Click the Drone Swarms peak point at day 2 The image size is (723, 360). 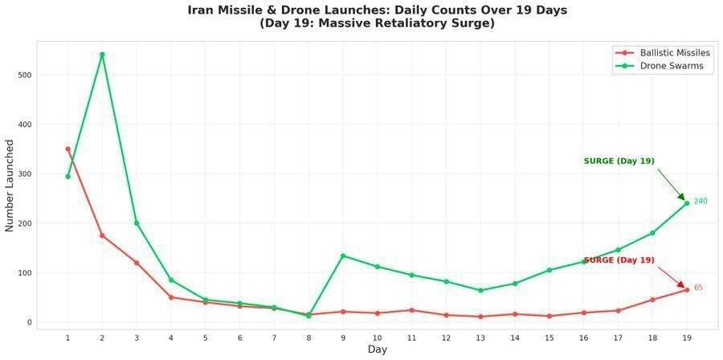click(x=102, y=55)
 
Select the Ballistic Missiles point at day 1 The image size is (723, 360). click(x=67, y=149)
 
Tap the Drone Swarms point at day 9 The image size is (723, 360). click(x=343, y=256)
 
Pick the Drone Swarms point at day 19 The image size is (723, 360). click(x=687, y=203)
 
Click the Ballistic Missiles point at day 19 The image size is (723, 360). click(x=687, y=289)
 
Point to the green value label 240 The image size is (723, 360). click(x=701, y=201)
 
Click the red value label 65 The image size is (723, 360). click(x=698, y=288)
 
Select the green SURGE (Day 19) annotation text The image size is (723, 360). click(x=619, y=162)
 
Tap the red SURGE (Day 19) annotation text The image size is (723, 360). click(x=619, y=260)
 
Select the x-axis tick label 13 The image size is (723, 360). click(x=480, y=337)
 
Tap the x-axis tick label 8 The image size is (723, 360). click(x=308, y=337)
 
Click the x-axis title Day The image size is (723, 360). click(x=377, y=350)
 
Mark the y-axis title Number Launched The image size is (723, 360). click(x=10, y=186)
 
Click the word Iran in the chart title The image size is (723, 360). click(x=202, y=10)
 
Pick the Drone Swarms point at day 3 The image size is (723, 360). click(x=137, y=223)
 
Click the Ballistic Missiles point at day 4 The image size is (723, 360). click(x=171, y=297)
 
